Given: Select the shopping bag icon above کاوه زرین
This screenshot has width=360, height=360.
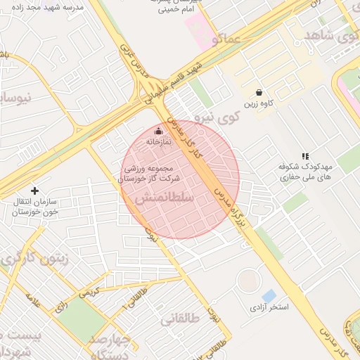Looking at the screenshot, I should tap(259, 92).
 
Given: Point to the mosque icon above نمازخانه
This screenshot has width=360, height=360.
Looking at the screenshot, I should tap(158, 131).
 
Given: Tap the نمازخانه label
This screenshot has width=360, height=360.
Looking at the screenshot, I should tap(158, 142).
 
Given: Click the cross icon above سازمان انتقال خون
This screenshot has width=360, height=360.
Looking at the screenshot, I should tap(34, 191).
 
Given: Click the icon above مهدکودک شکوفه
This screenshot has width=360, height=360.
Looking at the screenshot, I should tap(304, 155).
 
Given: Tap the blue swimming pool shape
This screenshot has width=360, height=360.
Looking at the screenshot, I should tap(269, 296).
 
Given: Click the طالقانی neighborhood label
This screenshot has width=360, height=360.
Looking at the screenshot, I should tap(180, 319).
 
